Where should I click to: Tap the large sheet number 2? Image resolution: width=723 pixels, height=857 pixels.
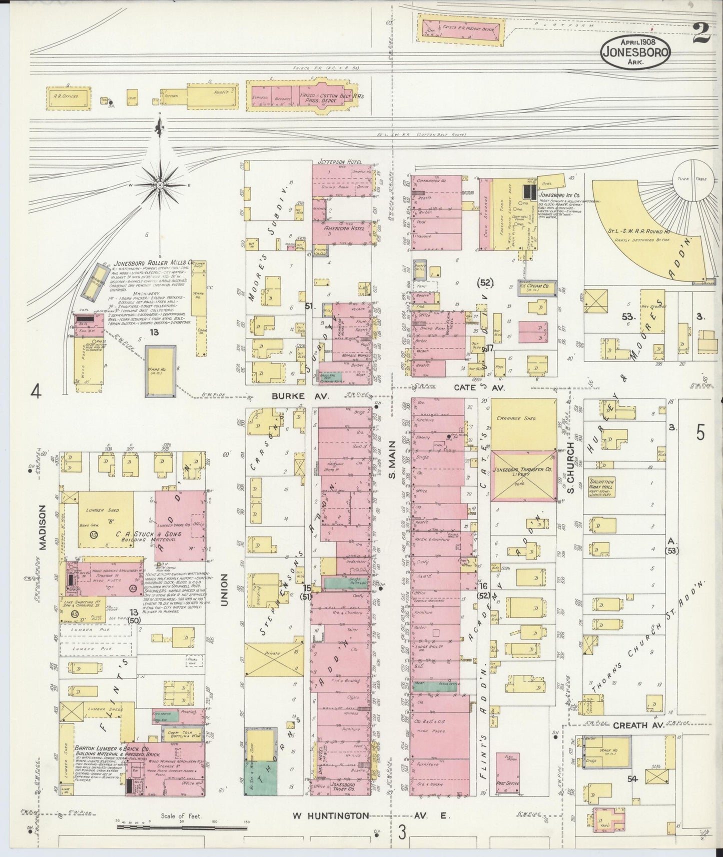coord(703,33)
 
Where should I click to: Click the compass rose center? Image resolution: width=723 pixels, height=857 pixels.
coord(160,185)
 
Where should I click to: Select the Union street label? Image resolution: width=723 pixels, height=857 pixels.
coord(224,590)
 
